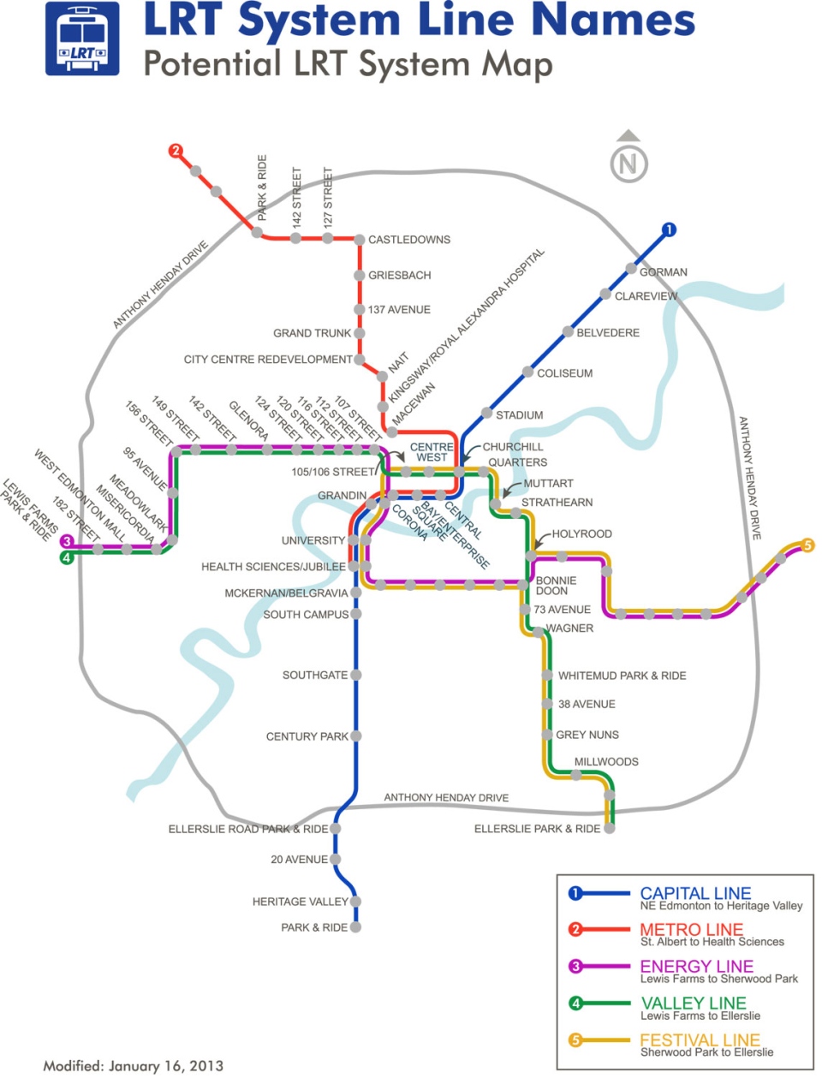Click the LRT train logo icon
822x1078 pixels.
82,39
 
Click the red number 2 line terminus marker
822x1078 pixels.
176,151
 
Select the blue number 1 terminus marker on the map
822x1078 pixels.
669,229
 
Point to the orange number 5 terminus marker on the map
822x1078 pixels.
807,545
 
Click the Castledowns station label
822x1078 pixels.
409,240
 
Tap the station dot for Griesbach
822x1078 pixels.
360,275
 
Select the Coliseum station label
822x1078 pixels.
564,373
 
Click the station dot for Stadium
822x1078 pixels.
486,413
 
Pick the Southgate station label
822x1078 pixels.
315,675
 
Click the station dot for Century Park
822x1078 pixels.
356,736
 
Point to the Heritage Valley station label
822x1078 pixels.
300,902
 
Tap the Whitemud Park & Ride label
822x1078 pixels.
622,676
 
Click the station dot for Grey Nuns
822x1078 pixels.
547,735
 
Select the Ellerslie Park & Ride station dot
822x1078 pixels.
610,828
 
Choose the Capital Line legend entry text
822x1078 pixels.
695,893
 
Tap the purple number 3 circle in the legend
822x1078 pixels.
575,966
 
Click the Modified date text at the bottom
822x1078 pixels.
133,1065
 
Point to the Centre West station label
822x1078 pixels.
432,452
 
